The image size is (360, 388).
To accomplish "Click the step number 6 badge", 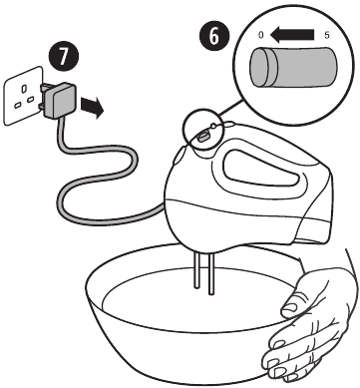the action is click(x=214, y=36).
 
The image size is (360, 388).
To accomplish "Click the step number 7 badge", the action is click(x=63, y=57).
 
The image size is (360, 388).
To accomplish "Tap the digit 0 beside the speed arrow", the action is click(x=261, y=35).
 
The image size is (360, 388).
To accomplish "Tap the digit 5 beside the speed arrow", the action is click(x=327, y=35).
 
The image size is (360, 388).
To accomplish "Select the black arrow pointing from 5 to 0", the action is click(x=292, y=34).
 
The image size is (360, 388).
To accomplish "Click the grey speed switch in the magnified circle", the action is click(x=293, y=67).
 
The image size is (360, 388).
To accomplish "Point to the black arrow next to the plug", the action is click(x=92, y=107).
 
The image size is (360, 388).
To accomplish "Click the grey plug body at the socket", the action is click(x=60, y=101).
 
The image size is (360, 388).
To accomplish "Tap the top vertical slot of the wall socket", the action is click(x=24, y=89).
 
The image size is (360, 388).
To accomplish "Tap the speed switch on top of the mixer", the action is click(x=202, y=136).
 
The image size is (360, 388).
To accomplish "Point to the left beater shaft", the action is click(x=196, y=269).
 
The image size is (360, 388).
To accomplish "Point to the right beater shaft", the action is click(x=210, y=272).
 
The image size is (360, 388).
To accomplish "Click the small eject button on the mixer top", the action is click(x=213, y=126).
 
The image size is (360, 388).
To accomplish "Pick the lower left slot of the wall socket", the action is click(x=17, y=105).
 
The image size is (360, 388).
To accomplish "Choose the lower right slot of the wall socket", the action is click(x=30, y=99).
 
